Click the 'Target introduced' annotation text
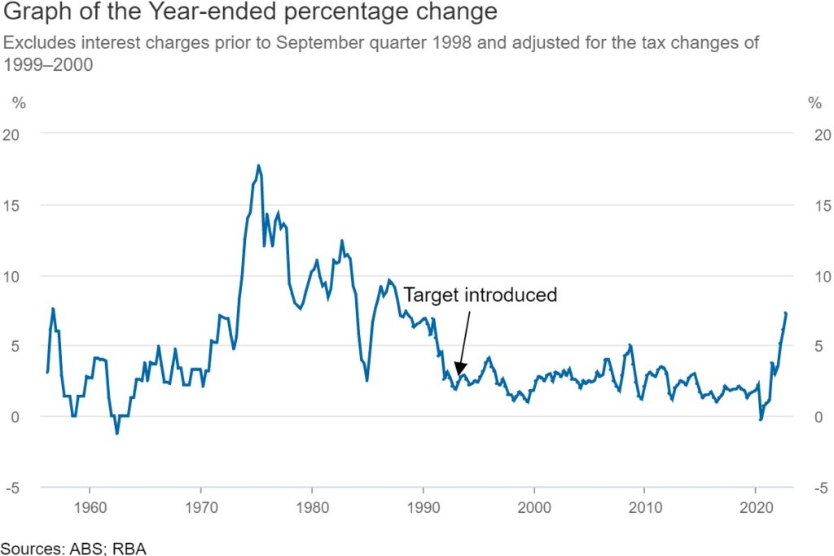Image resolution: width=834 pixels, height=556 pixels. [481, 295]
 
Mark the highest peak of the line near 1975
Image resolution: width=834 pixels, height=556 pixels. [259, 165]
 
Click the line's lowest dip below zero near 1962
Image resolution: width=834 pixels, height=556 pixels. [117, 433]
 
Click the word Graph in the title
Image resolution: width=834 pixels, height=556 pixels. [34, 14]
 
